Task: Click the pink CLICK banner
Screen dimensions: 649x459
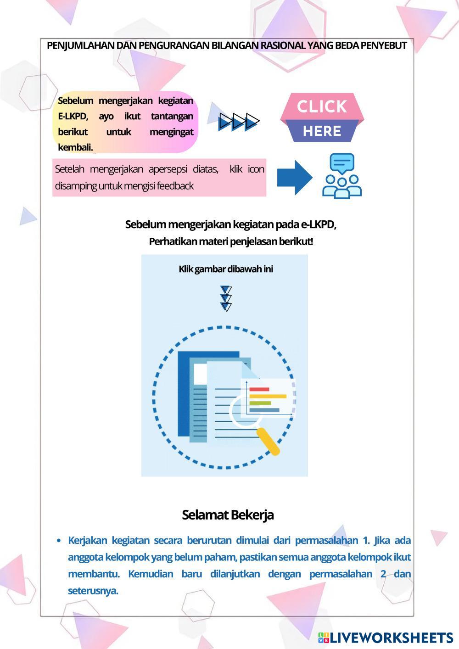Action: (x=322, y=106)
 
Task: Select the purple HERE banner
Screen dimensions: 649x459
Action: (x=322, y=131)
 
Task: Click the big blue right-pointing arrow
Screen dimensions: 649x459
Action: (x=294, y=177)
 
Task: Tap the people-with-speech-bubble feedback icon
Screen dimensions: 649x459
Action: (x=342, y=176)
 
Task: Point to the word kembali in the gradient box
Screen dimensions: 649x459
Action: (x=75, y=148)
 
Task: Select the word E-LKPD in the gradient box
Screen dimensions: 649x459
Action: (x=73, y=116)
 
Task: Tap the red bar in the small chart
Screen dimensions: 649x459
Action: (x=259, y=389)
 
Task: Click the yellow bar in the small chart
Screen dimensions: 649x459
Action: (x=268, y=396)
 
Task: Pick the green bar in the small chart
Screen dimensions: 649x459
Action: (x=260, y=403)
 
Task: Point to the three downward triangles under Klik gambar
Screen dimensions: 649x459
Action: (x=226, y=299)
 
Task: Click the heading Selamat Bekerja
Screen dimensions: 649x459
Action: (x=228, y=515)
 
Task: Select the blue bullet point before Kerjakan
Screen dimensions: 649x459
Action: (x=59, y=541)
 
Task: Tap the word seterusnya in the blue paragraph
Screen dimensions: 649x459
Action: (x=93, y=591)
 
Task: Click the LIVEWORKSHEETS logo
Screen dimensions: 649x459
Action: (x=386, y=638)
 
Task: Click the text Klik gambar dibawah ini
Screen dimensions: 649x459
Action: (x=226, y=269)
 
